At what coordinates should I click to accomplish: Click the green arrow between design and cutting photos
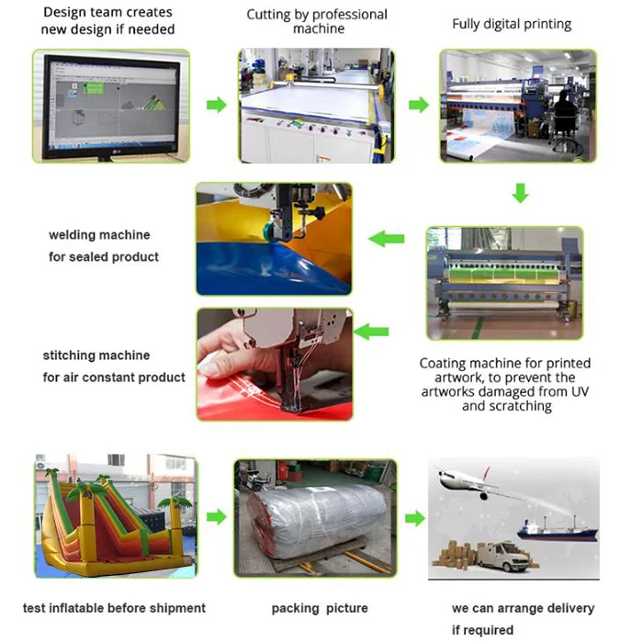[x=216, y=105]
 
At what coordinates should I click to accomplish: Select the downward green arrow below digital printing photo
[x=520, y=193]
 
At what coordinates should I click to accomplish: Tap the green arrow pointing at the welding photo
[x=386, y=239]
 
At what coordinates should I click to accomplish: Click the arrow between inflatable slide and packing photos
[x=216, y=517]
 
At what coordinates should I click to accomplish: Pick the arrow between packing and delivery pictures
[x=415, y=518]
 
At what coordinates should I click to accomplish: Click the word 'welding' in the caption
[x=73, y=235]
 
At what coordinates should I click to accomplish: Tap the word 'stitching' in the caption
[x=70, y=355]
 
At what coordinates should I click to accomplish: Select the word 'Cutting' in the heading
[x=269, y=15]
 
